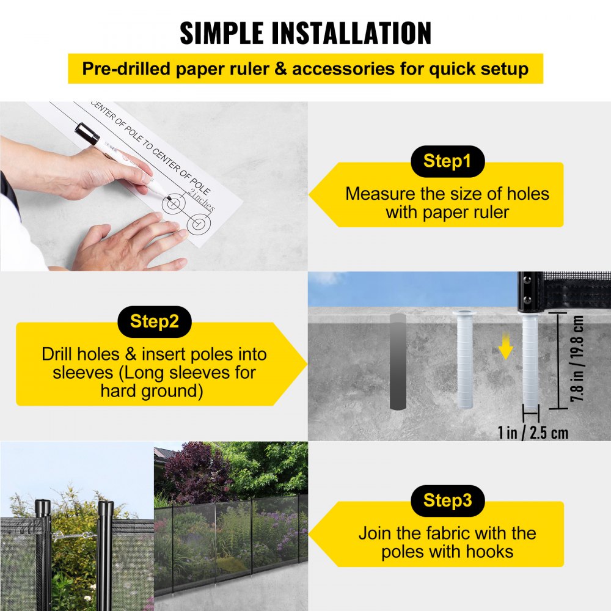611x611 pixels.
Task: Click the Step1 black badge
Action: pos(447,162)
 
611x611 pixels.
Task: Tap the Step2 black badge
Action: pos(154,322)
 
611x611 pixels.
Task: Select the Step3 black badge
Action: pos(447,501)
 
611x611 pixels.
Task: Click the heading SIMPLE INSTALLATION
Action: pos(305,33)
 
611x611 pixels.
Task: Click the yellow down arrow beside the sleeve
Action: pos(505,348)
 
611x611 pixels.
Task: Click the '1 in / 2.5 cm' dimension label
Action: pos(532,433)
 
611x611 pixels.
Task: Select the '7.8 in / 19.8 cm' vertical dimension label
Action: pos(578,360)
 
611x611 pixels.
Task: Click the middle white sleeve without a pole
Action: pos(464,360)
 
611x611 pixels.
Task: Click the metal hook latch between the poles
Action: pos(72,536)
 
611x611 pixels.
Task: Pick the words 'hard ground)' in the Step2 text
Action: pos(152,391)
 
